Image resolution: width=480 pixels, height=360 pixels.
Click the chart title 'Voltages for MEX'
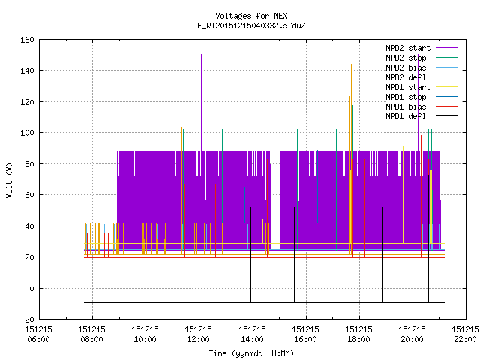(x=251, y=16)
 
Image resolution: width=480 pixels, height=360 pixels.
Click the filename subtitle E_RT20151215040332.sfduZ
(x=251, y=25)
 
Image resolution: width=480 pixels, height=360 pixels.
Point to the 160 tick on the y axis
(x=27, y=40)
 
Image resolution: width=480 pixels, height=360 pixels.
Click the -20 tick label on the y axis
(x=27, y=319)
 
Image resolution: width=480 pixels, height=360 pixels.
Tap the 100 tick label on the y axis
(x=27, y=133)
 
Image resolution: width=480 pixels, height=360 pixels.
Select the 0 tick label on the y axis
(x=31, y=288)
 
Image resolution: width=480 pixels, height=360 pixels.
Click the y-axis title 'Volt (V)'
(x=10, y=180)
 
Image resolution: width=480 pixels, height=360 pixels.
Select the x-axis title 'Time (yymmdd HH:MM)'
(x=251, y=353)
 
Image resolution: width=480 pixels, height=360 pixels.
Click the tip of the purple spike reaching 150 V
(x=201, y=55)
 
